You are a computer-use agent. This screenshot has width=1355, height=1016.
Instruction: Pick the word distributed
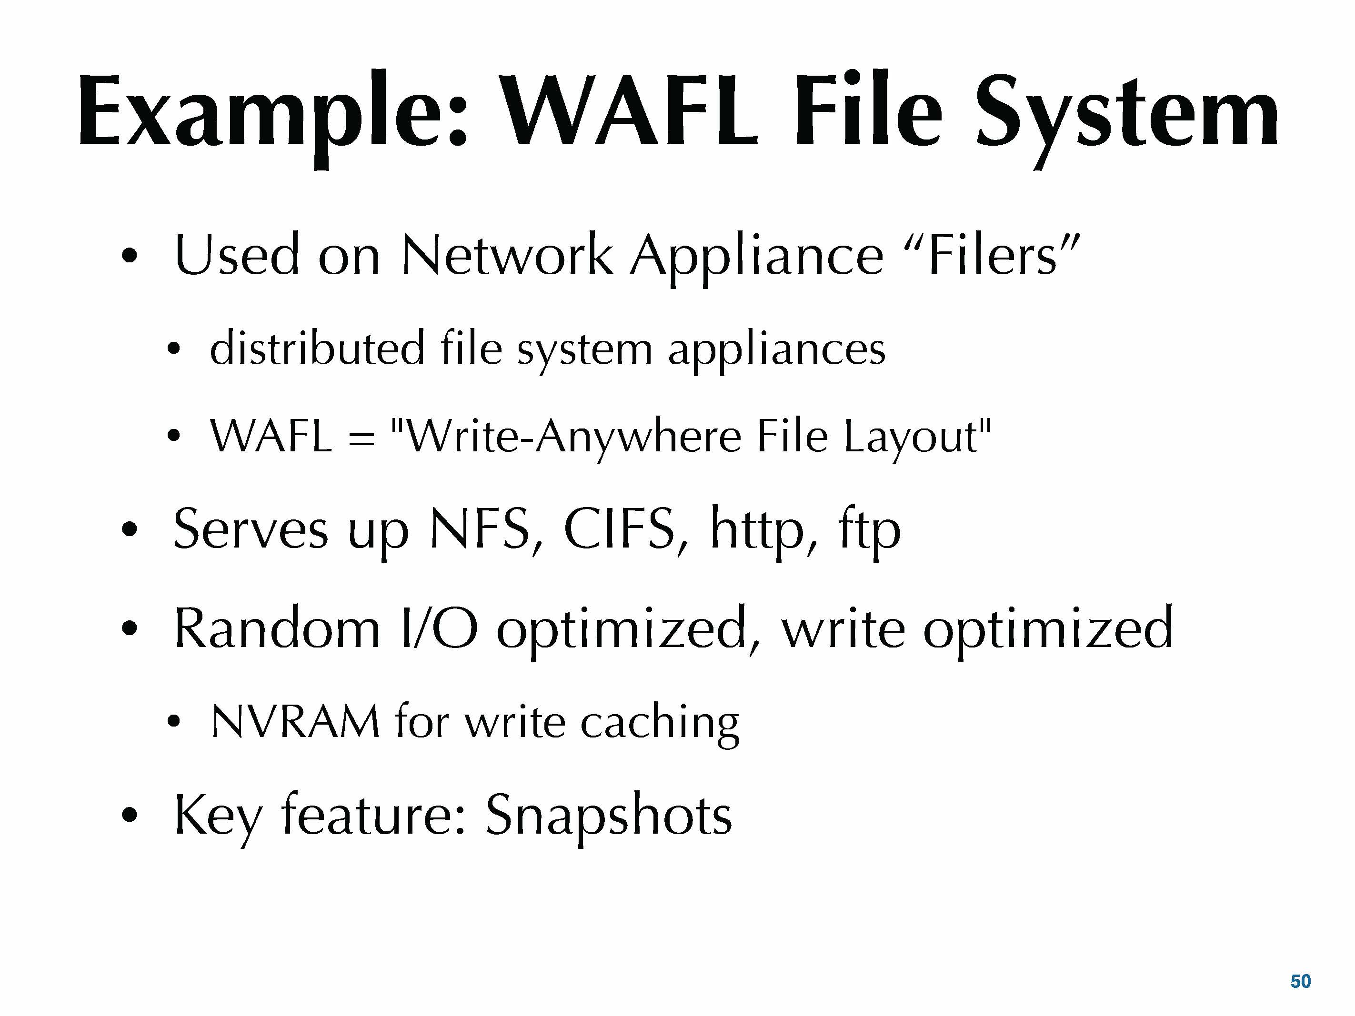(317, 348)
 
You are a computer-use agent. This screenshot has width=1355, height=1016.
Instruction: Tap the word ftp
(869, 530)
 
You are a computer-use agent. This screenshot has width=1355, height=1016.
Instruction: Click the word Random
(277, 628)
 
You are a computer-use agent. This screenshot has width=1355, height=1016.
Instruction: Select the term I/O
(438, 628)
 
